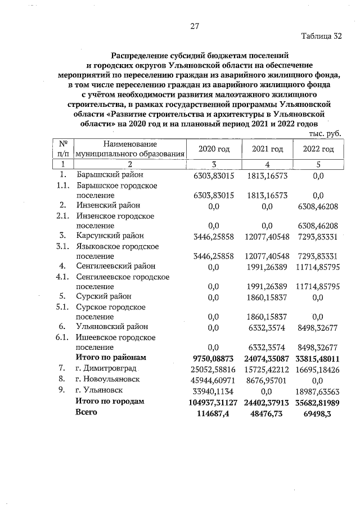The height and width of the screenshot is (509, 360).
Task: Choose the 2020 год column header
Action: pos(214,149)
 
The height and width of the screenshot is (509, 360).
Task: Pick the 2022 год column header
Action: pos(318,149)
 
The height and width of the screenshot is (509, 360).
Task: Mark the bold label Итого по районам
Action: pos(111,357)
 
